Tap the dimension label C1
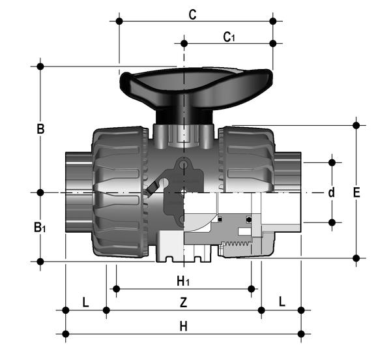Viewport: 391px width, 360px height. coord(229,37)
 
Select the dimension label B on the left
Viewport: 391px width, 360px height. coord(40,129)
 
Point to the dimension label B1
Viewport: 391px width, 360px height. coord(40,227)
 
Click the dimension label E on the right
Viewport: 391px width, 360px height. coord(356,192)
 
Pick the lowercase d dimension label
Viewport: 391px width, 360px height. coord(331,192)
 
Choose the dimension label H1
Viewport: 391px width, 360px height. coord(183,281)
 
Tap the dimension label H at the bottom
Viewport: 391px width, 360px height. coord(183,326)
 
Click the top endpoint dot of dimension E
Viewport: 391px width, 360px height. coord(356,125)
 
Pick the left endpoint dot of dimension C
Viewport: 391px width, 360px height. coord(119,21)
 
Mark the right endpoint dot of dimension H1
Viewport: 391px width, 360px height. coord(252,288)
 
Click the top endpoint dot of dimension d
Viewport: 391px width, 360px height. coord(332,161)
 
